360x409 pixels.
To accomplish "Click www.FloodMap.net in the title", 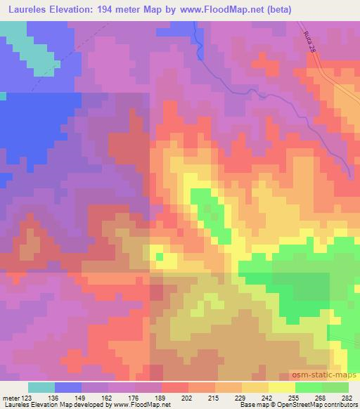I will [x=218, y=11].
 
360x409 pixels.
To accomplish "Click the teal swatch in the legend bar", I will [x=41, y=387].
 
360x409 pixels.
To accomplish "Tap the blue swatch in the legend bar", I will [x=68, y=387].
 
